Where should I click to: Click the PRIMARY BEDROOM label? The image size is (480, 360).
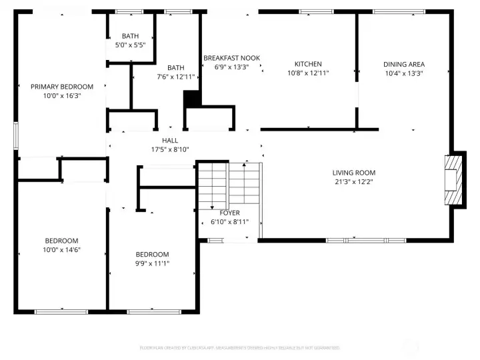(62, 87)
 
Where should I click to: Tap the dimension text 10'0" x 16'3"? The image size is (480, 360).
(62, 96)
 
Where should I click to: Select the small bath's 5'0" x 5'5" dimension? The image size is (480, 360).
(131, 45)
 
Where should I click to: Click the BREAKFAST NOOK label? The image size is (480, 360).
(231, 58)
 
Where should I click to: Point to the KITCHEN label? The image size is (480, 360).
(308, 64)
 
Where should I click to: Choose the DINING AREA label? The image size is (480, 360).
(404, 64)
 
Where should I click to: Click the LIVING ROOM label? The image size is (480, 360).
(354, 173)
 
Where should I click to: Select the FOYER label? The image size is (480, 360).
(229, 213)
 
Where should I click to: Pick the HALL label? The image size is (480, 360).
(170, 141)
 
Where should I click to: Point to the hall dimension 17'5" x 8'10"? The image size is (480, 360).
(170, 149)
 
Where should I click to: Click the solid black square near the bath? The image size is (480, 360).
(192, 99)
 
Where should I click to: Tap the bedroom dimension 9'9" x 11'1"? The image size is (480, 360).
(152, 263)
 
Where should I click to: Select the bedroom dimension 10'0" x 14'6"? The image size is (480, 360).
(62, 250)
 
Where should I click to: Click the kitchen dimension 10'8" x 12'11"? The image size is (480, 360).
(308, 73)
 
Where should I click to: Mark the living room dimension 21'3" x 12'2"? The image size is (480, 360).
(354, 181)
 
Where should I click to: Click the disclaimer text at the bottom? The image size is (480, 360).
(239, 347)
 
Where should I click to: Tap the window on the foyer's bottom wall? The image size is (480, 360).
(214, 240)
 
